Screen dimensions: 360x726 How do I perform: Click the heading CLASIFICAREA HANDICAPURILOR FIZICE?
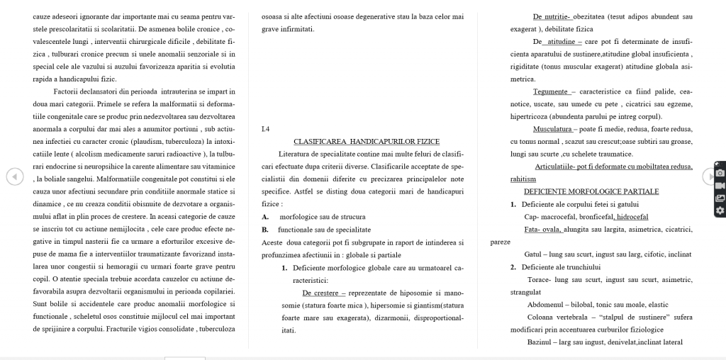click(367, 142)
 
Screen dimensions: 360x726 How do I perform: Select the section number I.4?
click(265, 129)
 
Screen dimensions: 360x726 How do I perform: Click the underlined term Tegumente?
click(551, 91)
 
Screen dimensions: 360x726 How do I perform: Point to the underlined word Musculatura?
click(552, 129)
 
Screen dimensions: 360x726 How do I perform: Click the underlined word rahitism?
click(523, 179)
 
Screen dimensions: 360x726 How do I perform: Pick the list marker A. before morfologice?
click(265, 217)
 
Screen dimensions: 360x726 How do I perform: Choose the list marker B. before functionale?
click(265, 230)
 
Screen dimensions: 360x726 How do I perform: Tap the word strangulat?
click(525, 292)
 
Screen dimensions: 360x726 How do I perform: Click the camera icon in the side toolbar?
click(720, 173)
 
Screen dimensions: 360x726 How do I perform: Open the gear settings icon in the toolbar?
click(720, 210)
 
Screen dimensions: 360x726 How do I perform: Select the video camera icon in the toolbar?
click(720, 186)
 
